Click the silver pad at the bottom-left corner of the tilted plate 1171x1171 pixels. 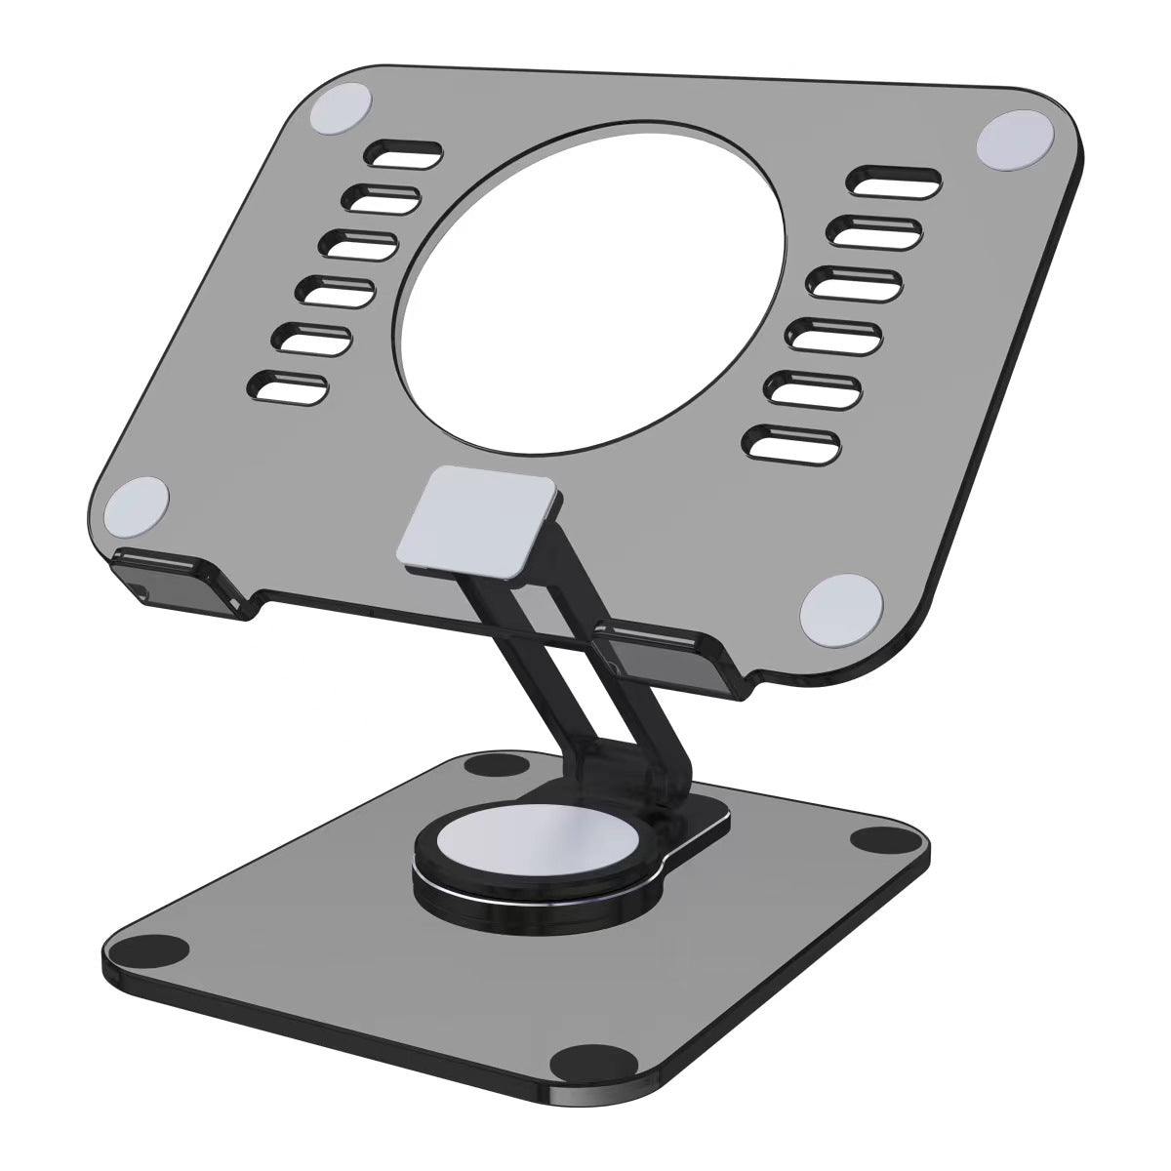(137, 506)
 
